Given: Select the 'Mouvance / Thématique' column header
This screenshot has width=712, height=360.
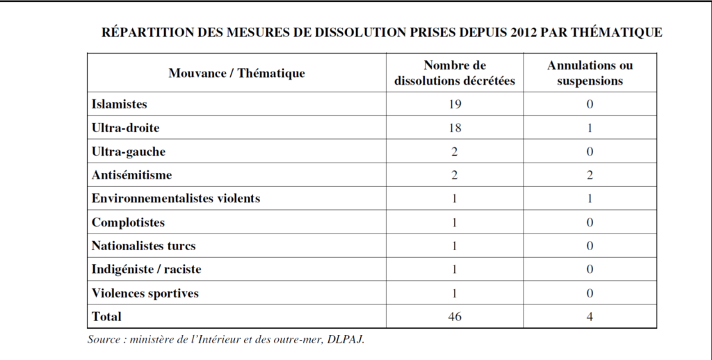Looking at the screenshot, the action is click(236, 73).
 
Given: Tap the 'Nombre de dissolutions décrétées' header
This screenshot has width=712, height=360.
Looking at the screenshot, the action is click(455, 73).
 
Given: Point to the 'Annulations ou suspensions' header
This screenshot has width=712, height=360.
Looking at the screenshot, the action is click(590, 73).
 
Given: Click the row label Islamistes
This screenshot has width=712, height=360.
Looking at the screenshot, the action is click(120, 104).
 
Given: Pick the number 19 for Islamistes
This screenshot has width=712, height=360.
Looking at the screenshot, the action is click(455, 104).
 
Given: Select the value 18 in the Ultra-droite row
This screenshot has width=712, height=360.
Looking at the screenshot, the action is click(455, 128).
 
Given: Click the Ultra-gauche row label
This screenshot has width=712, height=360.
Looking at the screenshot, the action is click(129, 152).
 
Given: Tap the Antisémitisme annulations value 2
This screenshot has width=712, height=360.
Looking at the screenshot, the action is click(590, 175).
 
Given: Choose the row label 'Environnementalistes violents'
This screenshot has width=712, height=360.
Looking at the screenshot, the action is click(176, 198).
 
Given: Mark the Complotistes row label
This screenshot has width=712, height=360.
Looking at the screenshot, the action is click(128, 222).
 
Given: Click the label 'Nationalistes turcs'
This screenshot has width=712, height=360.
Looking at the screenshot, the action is click(143, 245).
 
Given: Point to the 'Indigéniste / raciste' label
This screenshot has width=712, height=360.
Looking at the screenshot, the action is click(146, 269).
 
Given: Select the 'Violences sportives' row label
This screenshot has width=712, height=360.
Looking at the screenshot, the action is click(145, 293).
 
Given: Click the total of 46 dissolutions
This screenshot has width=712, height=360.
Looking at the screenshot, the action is click(455, 317).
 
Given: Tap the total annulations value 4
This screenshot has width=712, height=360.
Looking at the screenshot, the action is click(590, 317).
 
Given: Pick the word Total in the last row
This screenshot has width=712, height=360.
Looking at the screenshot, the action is click(106, 316).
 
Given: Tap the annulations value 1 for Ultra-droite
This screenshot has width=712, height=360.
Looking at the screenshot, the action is click(590, 128).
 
